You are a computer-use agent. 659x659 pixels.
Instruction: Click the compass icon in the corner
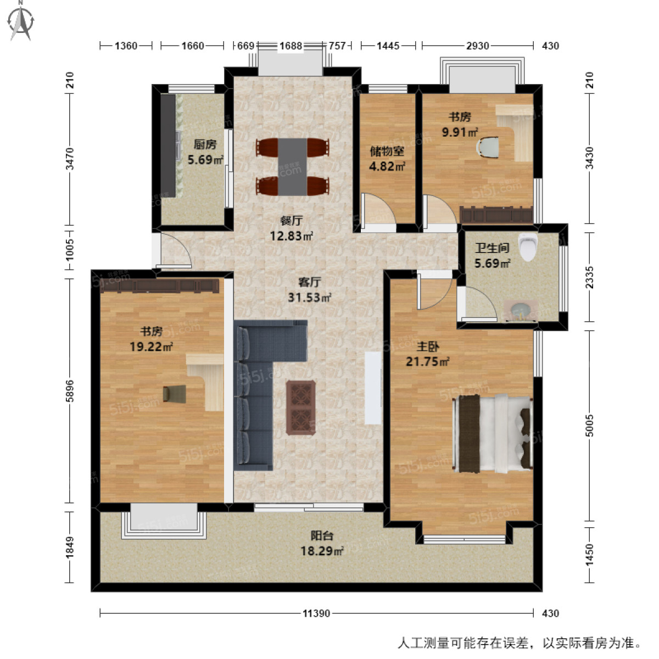coord(22,20)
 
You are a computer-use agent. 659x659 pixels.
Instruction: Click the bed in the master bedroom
coord(493,433)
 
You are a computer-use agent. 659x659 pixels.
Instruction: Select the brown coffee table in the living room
coord(300,407)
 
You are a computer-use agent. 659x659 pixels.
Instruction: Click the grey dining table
coord(292,167)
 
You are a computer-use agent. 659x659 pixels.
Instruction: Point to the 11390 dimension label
coord(316,613)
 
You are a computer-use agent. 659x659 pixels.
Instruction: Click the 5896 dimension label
coord(69,391)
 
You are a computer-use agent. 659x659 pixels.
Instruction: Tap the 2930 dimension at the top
coord(477,46)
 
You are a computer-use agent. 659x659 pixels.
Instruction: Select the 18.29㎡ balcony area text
coord(322,551)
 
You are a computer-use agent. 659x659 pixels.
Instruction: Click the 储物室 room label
coord(387,151)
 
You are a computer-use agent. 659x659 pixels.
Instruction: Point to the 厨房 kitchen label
coord(205,144)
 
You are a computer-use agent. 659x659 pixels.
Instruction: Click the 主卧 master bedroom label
coord(427,347)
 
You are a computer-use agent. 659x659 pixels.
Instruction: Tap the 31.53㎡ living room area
coord(309,298)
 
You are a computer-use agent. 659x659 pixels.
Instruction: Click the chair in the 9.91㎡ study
coord(488,148)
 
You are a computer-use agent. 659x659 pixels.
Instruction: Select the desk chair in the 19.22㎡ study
coord(175,394)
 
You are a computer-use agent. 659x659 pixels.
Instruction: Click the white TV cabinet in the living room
coord(373,388)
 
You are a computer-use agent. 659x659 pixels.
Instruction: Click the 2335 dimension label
coord(589,277)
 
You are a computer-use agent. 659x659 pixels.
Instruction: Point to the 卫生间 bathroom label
coord(492,248)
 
